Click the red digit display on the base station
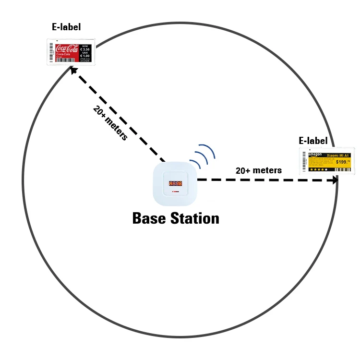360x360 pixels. [175, 184]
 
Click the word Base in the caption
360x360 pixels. [148, 218]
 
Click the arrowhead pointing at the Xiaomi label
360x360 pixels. [334, 180]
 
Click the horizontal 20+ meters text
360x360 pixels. [259, 170]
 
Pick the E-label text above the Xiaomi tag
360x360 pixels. [313, 141]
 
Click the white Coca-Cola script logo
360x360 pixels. [67, 48]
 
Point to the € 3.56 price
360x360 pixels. [85, 49]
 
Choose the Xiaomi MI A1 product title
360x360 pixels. [337, 156]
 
